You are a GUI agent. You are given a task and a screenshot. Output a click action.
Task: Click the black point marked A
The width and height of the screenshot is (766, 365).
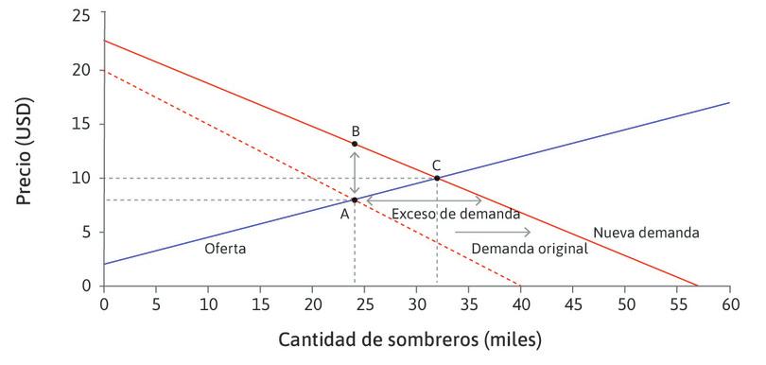coord(355,200)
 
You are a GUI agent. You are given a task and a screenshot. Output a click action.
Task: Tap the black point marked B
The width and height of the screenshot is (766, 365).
coord(355,144)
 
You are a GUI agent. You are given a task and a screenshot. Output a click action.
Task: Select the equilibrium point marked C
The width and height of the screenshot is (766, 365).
coord(437,178)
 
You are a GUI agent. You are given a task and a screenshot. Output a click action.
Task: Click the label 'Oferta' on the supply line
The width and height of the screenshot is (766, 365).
coord(225,249)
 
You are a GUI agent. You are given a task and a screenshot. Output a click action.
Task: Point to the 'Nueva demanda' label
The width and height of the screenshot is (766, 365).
coord(646,233)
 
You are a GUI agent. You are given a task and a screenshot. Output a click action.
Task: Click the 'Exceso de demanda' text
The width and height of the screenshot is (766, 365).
coord(456,215)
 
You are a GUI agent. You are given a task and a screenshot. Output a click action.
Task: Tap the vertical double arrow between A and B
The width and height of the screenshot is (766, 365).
coord(355,171)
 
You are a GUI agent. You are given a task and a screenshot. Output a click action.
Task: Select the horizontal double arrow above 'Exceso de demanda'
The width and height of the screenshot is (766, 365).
coord(424,200)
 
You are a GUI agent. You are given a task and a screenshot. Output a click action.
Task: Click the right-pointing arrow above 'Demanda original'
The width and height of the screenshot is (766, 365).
coord(493,232)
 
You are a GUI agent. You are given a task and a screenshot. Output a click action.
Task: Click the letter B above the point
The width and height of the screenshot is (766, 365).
coord(355,130)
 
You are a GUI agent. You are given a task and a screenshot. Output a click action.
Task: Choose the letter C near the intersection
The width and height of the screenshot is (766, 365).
coord(437,164)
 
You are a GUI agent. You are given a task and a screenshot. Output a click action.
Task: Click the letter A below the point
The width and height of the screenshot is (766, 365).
coord(345,214)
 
